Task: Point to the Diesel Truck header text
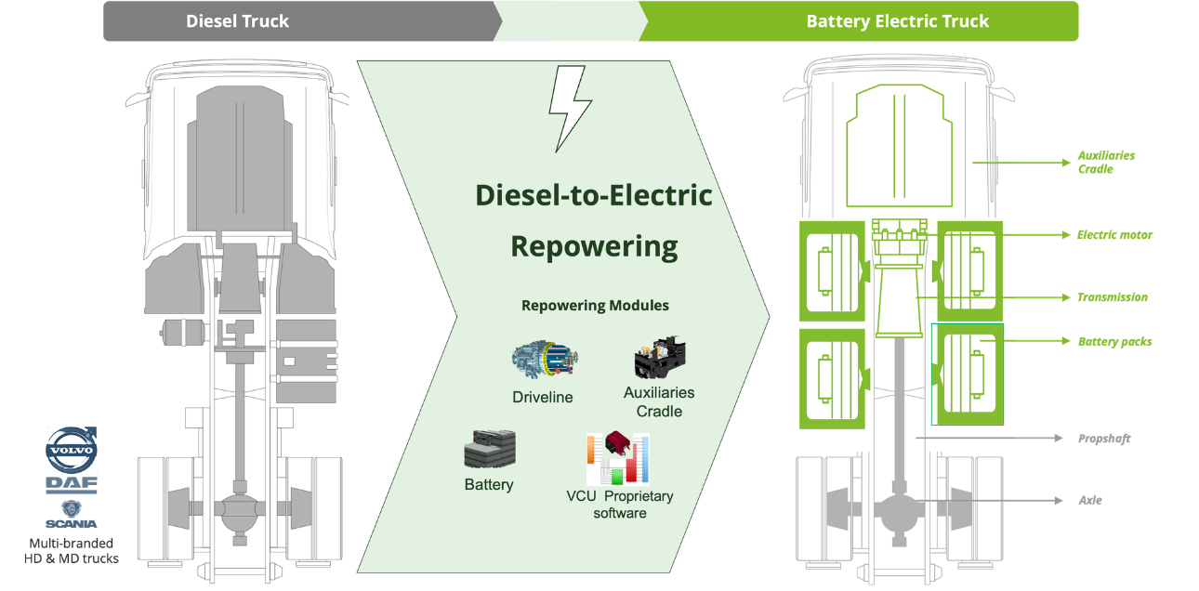pos(238,21)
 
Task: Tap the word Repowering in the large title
pos(594,246)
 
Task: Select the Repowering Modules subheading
pos(595,305)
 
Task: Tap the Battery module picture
pos(489,451)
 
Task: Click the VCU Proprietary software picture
pos(618,458)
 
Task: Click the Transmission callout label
pos(1112,297)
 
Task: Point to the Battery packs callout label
pos(1114,342)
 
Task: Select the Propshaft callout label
pos(1103,437)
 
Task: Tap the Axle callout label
pos(1091,500)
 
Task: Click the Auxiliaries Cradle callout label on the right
pos(1105,162)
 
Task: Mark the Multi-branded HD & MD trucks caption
pos(71,549)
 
